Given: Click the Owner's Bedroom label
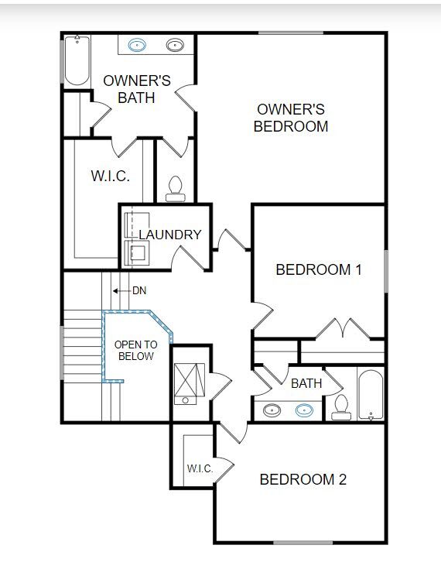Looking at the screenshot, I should pos(291,118).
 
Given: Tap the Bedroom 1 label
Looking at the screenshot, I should pos(319,270).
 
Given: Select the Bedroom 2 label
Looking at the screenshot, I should pos(303,480).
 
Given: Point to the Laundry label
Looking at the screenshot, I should pos(170,235).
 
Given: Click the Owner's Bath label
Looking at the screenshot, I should pos(137,89).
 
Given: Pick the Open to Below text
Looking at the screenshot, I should pos(135,350).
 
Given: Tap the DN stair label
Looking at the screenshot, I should pos(139,291).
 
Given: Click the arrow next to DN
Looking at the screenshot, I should pos(120,291).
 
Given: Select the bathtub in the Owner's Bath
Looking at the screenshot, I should pos(76,61).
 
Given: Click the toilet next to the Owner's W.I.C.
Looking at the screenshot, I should pos(176,189).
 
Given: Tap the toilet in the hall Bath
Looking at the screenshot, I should pos(341,407).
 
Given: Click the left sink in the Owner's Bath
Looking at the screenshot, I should pos(138,45).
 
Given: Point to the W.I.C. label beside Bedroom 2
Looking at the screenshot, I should pos(199,468).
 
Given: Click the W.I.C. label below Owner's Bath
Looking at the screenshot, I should pos(110,176).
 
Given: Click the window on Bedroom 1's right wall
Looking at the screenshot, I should pos(385,270).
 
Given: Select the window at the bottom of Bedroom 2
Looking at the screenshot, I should pos(303,542).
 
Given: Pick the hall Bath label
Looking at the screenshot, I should pos(306,383).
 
